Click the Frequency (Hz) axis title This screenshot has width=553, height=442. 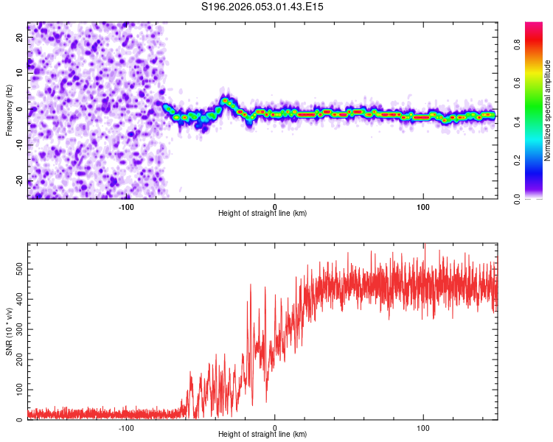coord(9,110)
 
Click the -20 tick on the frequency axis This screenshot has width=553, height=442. coord(18,181)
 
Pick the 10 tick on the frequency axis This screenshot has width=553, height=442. coord(20,74)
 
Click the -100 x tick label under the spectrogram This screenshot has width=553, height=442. coord(126,206)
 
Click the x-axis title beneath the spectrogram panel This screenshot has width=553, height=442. coord(262,214)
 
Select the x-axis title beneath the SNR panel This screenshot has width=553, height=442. coord(262,435)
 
